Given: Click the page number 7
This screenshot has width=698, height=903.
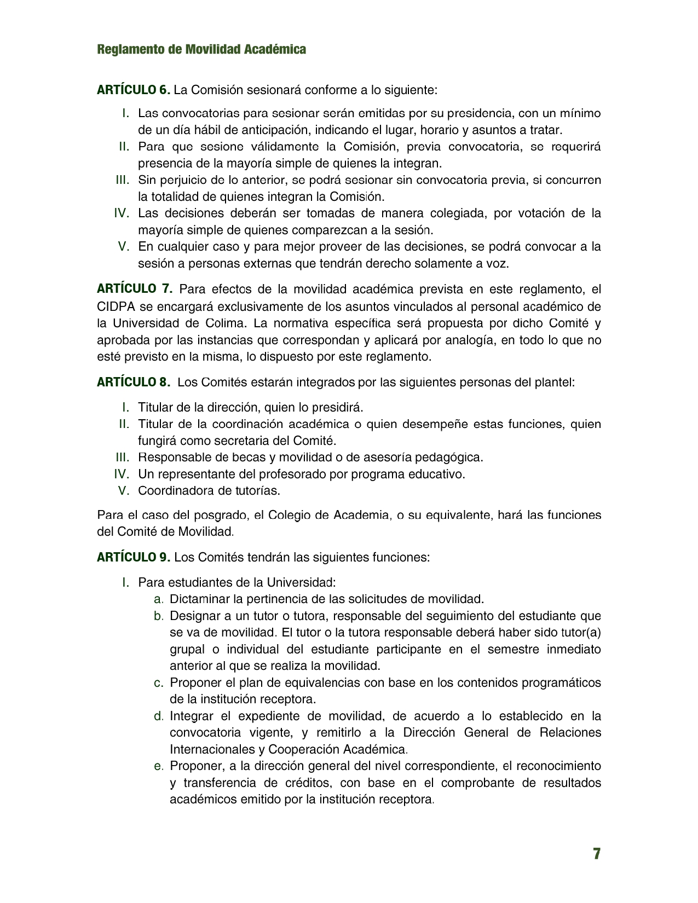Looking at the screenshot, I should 596,854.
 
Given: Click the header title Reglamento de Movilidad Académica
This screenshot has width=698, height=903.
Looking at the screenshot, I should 201,49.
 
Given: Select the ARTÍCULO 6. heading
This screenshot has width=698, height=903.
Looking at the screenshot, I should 134,89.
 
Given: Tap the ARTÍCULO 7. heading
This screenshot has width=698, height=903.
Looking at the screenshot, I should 135,288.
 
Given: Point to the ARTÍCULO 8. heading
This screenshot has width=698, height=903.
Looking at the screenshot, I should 134,382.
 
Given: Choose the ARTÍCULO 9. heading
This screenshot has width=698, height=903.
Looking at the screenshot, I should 134,557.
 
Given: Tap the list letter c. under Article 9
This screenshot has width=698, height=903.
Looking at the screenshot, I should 159,682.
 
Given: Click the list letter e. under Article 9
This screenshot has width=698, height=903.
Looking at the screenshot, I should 159,766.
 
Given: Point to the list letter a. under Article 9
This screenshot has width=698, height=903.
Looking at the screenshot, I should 159,599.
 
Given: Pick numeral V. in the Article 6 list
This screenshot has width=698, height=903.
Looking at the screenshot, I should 124,246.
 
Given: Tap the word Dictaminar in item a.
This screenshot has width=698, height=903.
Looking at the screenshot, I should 199,599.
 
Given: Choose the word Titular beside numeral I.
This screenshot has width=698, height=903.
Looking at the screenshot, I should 155,407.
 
